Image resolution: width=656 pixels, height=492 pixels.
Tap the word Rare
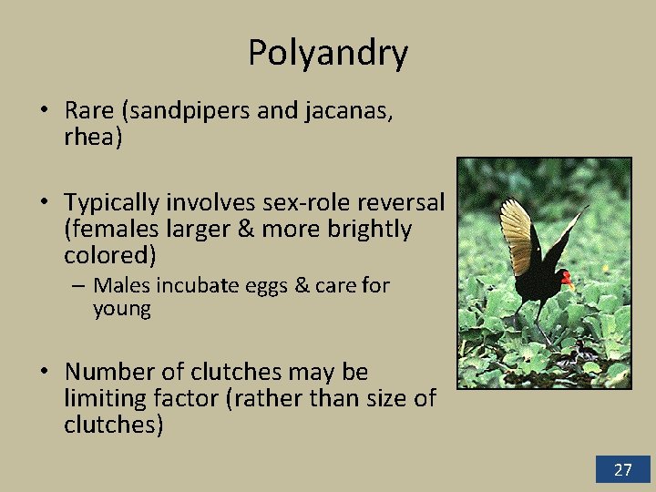click(90, 110)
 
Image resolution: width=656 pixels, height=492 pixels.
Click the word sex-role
click(318, 200)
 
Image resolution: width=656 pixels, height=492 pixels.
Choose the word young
click(122, 310)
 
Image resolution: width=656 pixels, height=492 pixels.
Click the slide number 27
click(623, 470)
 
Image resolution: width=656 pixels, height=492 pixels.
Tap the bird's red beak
click(568, 279)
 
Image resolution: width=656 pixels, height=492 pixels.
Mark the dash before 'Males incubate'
click(80, 286)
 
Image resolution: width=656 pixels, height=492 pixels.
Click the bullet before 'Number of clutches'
click(45, 373)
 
